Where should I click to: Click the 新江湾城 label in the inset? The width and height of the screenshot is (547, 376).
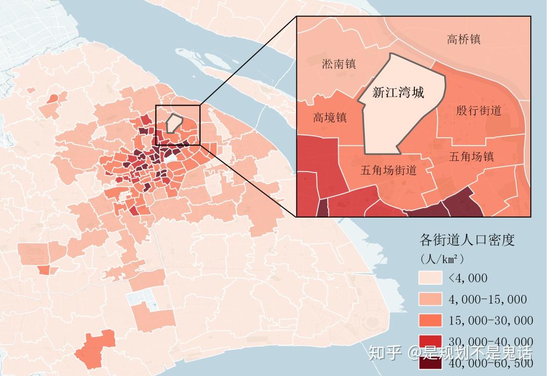[398, 93]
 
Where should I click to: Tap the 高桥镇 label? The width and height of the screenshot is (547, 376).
[463, 39]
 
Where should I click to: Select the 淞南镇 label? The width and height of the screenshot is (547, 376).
[339, 64]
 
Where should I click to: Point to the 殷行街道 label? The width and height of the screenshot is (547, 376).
[478, 110]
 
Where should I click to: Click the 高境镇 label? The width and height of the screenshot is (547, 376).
[330, 117]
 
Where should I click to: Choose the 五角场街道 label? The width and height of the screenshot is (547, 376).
[388, 171]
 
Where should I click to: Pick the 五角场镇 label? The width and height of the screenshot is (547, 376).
[471, 156]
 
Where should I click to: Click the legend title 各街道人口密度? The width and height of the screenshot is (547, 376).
[467, 240]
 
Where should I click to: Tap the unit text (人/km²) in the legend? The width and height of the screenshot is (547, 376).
[442, 259]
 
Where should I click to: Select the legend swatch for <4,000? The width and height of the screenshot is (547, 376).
[429, 278]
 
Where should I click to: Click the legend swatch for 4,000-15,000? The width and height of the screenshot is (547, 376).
[429, 299]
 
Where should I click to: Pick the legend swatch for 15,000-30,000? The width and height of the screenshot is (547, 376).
[429, 320]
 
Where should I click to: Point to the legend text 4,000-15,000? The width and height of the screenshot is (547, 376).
[487, 300]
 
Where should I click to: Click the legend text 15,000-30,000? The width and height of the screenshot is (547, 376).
[490, 320]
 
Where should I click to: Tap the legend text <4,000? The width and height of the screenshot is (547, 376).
[467, 278]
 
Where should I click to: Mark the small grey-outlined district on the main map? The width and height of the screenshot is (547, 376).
[174, 123]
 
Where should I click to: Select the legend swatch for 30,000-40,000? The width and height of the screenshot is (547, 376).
[429, 342]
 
